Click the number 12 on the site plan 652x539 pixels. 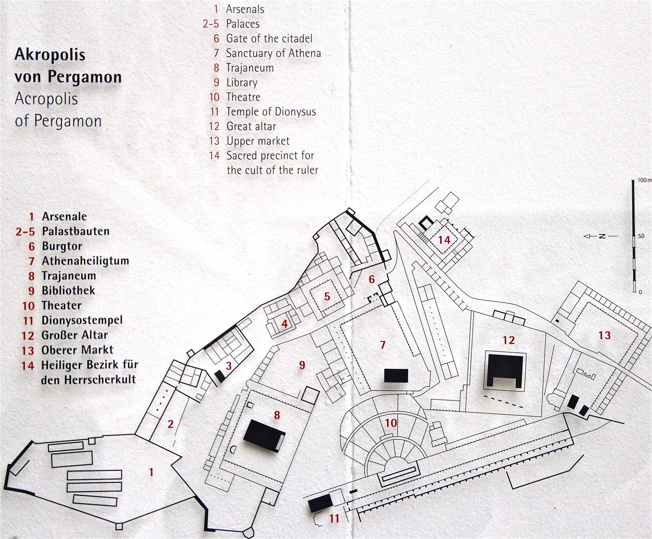[509, 340]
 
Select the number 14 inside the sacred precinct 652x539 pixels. [444, 240]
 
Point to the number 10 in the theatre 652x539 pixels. [391, 423]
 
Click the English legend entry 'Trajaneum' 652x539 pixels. [250, 68]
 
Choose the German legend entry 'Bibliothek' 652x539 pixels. [68, 290]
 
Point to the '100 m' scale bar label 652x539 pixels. [644, 180]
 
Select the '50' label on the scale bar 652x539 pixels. [641, 236]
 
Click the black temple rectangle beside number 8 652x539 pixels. [264, 436]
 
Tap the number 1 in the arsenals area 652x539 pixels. [151, 472]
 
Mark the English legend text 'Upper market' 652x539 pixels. [258, 141]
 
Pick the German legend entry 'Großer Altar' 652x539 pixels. [75, 335]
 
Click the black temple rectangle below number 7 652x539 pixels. [396, 375]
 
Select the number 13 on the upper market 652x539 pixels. [604, 335]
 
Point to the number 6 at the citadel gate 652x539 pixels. [372, 279]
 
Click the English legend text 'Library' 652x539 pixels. [242, 82]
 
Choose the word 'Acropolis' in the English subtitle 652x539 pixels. [46, 99]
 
